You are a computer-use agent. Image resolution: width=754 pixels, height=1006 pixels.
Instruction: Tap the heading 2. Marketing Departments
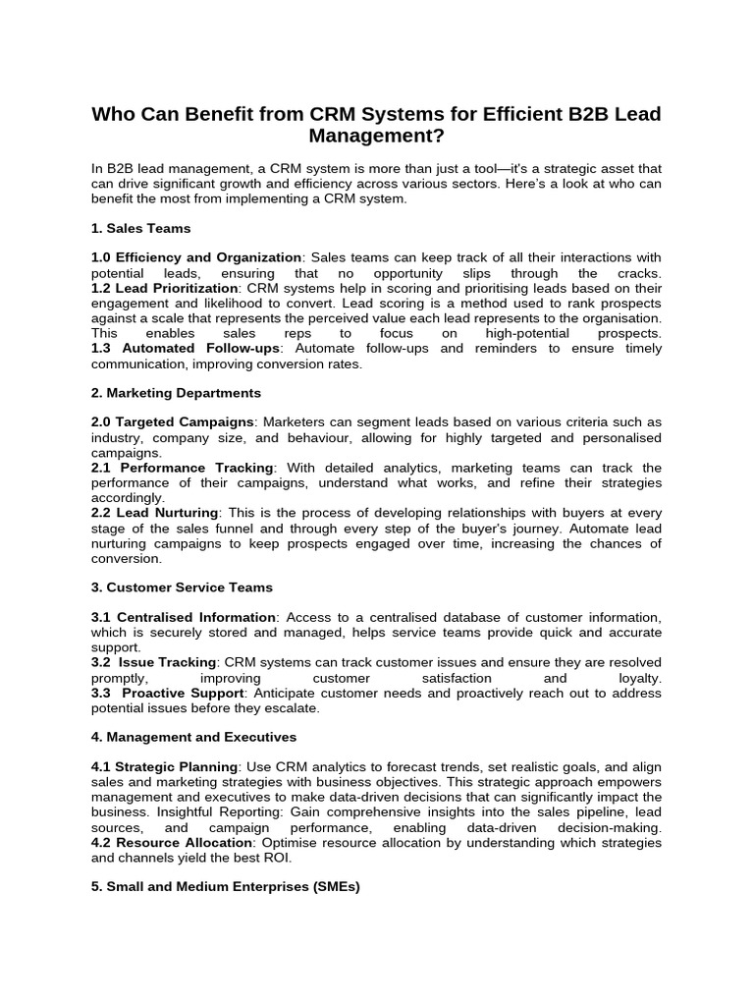click(x=176, y=393)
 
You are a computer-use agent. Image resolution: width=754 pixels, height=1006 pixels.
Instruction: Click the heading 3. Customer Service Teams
click(x=182, y=587)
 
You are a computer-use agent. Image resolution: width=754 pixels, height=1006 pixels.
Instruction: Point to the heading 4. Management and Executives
click(x=193, y=737)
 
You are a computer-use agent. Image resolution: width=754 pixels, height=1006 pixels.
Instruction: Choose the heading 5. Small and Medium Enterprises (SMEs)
click(x=226, y=886)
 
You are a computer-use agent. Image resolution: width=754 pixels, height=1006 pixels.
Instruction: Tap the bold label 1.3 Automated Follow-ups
click(x=186, y=349)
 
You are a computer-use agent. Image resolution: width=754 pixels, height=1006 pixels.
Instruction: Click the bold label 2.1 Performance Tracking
click(x=184, y=468)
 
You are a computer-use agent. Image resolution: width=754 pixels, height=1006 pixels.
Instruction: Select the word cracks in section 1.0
click(x=637, y=273)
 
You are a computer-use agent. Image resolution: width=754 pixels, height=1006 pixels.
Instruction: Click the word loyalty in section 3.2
click(x=639, y=678)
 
